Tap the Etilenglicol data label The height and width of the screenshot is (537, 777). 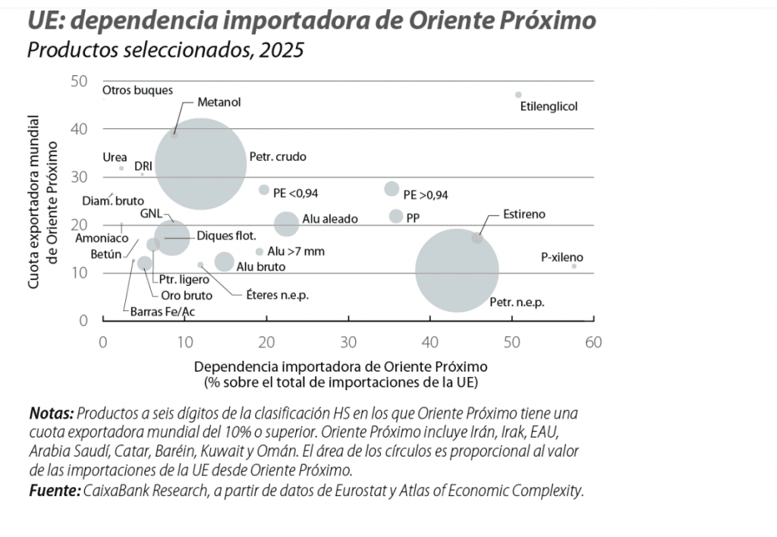pyautogui.click(x=549, y=107)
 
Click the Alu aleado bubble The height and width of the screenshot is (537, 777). pyautogui.click(x=286, y=223)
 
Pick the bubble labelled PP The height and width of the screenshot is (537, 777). pyautogui.click(x=396, y=217)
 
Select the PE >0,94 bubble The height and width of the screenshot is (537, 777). pyautogui.click(x=392, y=189)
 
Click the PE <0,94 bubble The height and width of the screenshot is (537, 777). pyautogui.click(x=264, y=190)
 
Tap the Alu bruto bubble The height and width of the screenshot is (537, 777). pyautogui.click(x=224, y=262)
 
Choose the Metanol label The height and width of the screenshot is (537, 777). pyautogui.click(x=219, y=102)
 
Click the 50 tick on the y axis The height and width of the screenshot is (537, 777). pyautogui.click(x=78, y=81)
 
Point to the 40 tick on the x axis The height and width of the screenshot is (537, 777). pyautogui.click(x=430, y=342)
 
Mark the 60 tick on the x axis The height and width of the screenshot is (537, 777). pyautogui.click(x=593, y=342)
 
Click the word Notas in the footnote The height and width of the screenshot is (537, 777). pyautogui.click(x=51, y=414)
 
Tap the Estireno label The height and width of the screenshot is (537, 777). pyautogui.click(x=524, y=215)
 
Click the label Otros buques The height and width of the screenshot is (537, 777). pyautogui.click(x=138, y=89)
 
